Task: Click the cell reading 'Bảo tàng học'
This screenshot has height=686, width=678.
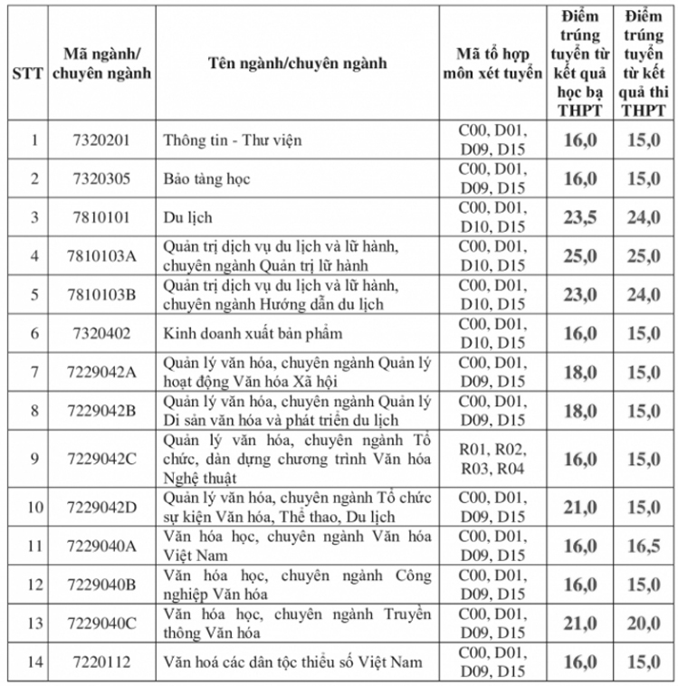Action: coord(206,179)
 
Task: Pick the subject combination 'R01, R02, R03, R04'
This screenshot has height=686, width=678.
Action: coord(492,459)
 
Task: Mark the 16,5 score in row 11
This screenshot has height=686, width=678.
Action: coord(645,546)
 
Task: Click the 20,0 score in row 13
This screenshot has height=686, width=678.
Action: coord(645,624)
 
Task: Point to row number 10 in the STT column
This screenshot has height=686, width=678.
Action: coord(34,507)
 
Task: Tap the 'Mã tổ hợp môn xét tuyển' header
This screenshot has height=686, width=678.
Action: coord(492,63)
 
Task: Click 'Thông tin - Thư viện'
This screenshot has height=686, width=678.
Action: coord(232,140)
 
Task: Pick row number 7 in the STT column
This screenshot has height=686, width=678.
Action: coord(34,372)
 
